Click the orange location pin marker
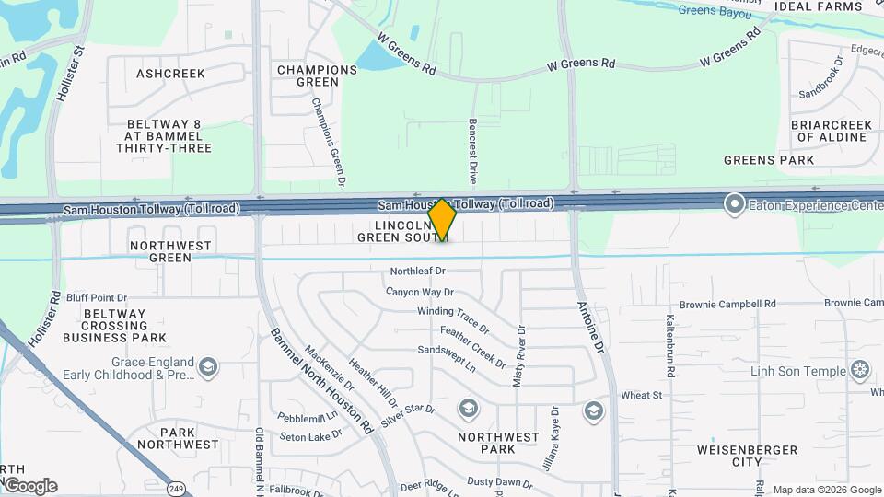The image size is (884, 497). [442, 219]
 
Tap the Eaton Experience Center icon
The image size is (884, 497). [734, 203]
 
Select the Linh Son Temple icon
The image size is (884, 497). [860, 371]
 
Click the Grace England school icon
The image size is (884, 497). [207, 368]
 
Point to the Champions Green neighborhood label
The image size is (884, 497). [317, 75]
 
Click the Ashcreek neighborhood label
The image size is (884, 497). [170, 73]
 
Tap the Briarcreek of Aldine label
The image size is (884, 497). [832, 131]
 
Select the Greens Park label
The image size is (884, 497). [769, 160]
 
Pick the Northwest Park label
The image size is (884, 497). [498, 444]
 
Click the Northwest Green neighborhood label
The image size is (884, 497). [170, 251]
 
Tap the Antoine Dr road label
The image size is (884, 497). [590, 328]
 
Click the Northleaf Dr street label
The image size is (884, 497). [417, 272]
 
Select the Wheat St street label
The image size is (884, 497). [642, 396]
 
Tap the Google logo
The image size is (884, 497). [30, 485]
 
